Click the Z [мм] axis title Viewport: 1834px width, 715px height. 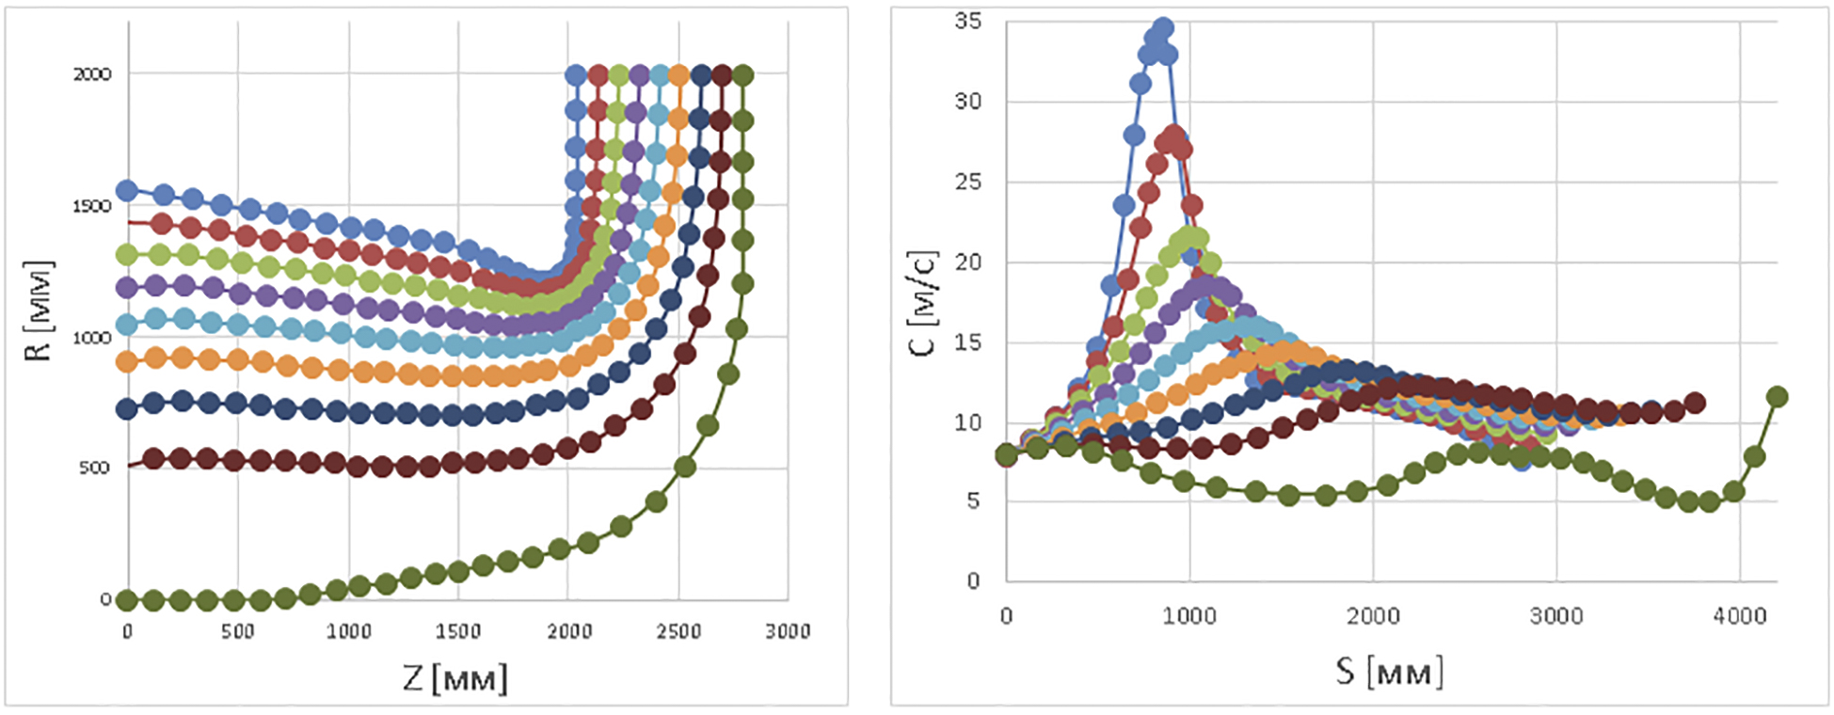click(455, 677)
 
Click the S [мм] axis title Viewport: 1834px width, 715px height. click(1389, 672)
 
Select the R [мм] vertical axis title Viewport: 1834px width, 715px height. click(39, 310)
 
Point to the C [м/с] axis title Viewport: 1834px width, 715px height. click(923, 303)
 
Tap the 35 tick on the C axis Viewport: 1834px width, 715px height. click(967, 21)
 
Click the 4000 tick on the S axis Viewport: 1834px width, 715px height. click(1740, 616)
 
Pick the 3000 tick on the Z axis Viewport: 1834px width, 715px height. click(788, 631)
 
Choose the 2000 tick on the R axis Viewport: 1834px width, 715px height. click(92, 73)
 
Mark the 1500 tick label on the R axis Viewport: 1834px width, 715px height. click(92, 205)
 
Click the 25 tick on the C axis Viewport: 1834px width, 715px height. click(967, 182)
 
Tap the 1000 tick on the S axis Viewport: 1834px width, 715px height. click(1189, 616)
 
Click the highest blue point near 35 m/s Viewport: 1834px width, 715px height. click(1163, 27)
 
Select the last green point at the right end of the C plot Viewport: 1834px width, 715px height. click(1777, 397)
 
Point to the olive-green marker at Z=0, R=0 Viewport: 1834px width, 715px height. click(128, 599)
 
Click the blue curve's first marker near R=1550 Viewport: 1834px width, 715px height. click(127, 191)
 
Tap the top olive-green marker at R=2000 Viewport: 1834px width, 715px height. click(742, 74)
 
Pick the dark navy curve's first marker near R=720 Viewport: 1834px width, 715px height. click(127, 409)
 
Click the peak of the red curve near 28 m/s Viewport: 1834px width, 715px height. click(1173, 134)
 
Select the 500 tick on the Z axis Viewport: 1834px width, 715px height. click(237, 631)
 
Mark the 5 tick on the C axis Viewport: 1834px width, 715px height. click(973, 501)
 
